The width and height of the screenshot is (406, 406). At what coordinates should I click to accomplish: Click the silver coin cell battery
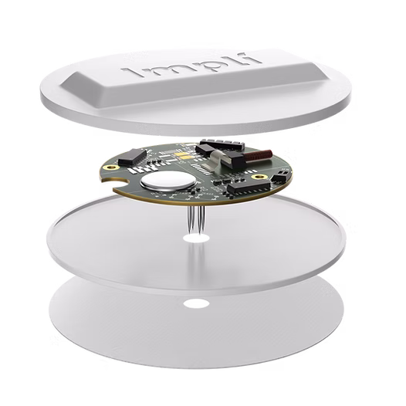click(168, 181)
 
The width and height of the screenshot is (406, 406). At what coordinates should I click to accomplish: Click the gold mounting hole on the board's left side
click(112, 167)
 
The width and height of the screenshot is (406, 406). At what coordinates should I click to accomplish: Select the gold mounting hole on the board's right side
click(258, 177)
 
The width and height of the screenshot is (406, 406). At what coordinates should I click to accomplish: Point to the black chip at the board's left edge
click(132, 157)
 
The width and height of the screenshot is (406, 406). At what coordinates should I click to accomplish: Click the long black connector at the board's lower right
click(249, 188)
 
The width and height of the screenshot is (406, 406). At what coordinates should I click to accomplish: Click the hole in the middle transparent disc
click(196, 239)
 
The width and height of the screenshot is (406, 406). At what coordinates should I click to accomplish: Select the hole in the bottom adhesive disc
click(196, 303)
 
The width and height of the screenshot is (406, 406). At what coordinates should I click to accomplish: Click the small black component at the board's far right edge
click(279, 178)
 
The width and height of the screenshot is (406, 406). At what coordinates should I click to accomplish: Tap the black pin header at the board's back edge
click(222, 145)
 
